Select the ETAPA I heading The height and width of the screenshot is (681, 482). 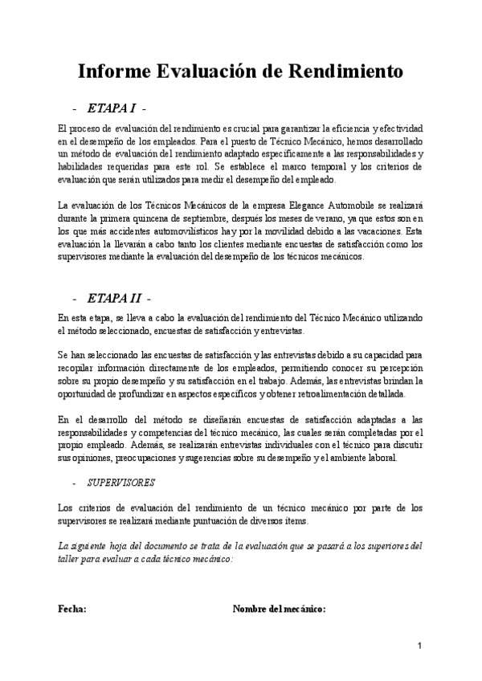pyautogui.click(x=112, y=108)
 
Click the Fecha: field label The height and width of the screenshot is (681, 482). pyautogui.click(x=72, y=609)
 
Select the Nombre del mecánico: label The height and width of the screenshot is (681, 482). pyautogui.click(x=279, y=609)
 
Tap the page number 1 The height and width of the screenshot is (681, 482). pyautogui.click(x=419, y=647)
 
